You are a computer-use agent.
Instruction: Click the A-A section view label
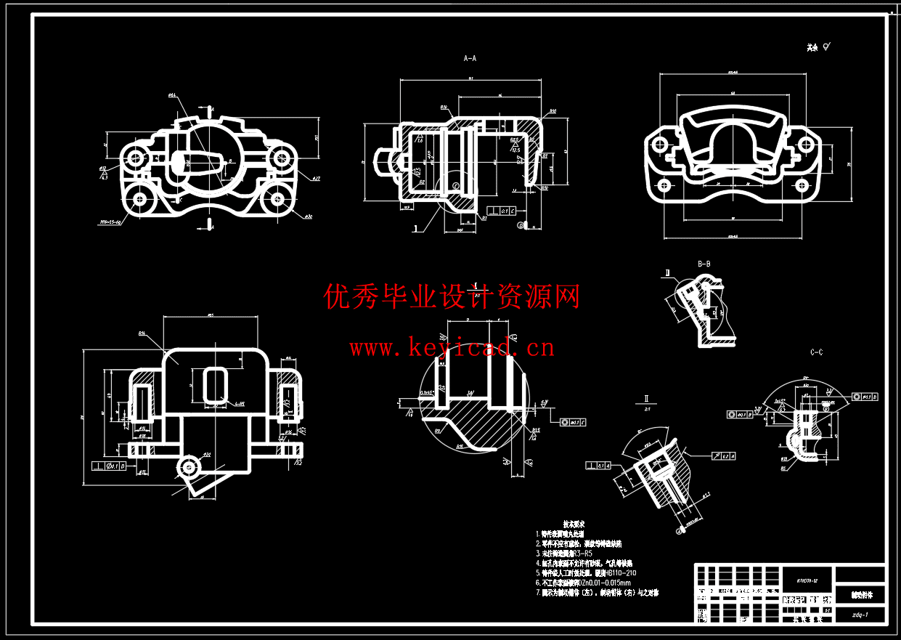(470, 57)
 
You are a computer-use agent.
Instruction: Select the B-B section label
(704, 264)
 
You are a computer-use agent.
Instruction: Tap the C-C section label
(816, 352)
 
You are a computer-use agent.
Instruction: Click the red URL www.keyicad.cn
(452, 348)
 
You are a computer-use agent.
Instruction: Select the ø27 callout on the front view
(317, 178)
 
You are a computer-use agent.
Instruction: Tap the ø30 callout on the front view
(308, 216)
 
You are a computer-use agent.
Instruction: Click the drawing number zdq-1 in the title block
(860, 615)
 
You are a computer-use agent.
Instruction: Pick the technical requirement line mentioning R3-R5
(567, 553)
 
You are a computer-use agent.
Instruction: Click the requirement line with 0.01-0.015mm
(585, 583)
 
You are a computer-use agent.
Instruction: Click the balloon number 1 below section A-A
(415, 227)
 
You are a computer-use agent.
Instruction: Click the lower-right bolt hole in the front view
(278, 198)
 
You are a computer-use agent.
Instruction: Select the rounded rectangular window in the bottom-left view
(215, 384)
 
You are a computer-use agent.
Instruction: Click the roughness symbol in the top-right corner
(828, 47)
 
